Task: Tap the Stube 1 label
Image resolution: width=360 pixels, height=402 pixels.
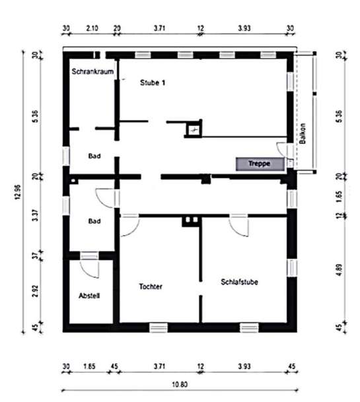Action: pyautogui.click(x=152, y=83)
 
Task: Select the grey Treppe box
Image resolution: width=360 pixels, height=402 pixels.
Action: pyautogui.click(x=260, y=162)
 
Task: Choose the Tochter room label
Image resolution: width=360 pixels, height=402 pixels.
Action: pyautogui.click(x=151, y=286)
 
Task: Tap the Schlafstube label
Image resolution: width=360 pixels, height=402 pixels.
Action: pyautogui.click(x=239, y=282)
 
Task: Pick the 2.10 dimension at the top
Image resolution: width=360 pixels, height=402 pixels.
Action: pyautogui.click(x=92, y=28)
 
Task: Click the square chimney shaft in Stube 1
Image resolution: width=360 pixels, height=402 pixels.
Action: pyautogui.click(x=194, y=129)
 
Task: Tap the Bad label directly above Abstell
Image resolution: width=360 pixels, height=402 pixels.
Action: pyautogui.click(x=94, y=221)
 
